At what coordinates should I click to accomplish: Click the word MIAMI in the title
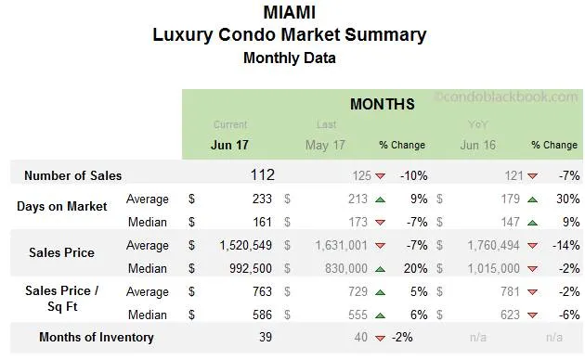[x=289, y=12]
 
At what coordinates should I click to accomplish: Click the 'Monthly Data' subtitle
[x=289, y=58]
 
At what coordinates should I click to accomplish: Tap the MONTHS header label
[x=382, y=104]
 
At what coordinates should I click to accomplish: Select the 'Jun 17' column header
[x=229, y=145]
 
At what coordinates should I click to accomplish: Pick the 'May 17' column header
[x=325, y=145]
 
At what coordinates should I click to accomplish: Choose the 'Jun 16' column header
[x=477, y=145]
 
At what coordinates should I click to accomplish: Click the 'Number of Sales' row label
[x=72, y=175]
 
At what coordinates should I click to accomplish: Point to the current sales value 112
[x=262, y=174]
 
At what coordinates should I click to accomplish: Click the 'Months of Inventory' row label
[x=97, y=337]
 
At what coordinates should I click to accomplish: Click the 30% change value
[x=568, y=199]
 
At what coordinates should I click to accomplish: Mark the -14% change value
[x=565, y=246]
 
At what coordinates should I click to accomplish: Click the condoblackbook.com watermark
[x=506, y=96]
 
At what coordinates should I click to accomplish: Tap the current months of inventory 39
[x=266, y=337]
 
